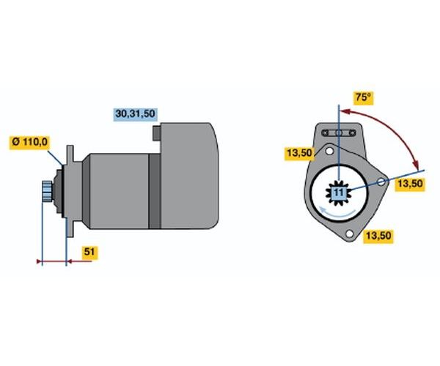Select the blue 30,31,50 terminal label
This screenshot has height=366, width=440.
coord(136,114)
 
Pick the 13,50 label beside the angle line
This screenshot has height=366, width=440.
coord(408,184)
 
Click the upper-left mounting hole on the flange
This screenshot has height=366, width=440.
coord(330,152)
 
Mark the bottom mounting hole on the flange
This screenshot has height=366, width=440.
coord(350,234)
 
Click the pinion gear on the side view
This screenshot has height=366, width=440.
coord(47,192)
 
